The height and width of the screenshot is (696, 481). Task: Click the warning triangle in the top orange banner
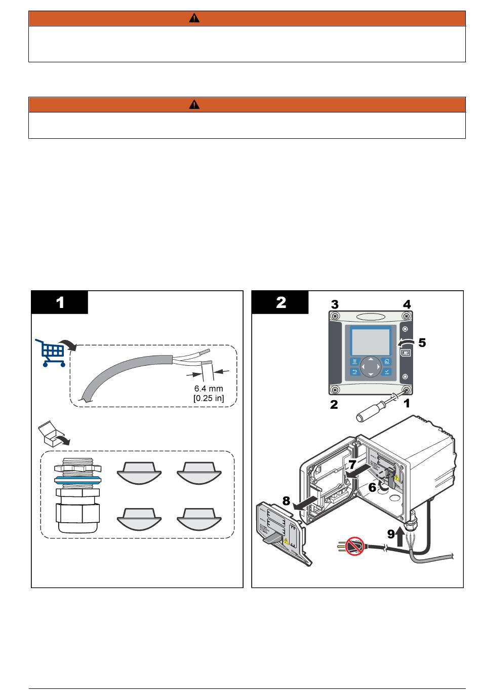point(194,18)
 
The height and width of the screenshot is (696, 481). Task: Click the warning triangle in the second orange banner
point(194,105)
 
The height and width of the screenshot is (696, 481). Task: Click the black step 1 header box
point(60,302)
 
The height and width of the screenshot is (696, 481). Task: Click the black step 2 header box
point(280,302)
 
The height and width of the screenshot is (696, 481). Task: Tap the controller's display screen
point(370,340)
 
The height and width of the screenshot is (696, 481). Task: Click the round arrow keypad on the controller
point(371,366)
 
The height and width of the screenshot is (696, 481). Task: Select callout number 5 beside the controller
point(421,343)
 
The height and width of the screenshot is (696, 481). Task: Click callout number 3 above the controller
point(335,304)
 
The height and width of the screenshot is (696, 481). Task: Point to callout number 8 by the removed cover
point(286,501)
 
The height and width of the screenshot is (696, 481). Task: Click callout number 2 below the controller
point(334,405)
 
